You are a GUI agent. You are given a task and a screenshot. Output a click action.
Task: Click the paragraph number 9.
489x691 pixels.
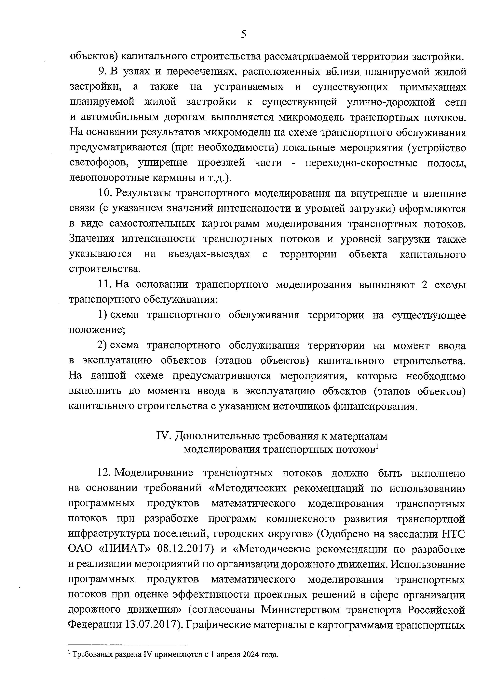click(102, 72)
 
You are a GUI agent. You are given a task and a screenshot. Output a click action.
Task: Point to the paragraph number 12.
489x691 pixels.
click(104, 473)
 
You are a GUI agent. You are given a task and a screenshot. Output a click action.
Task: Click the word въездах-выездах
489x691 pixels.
click(209, 254)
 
